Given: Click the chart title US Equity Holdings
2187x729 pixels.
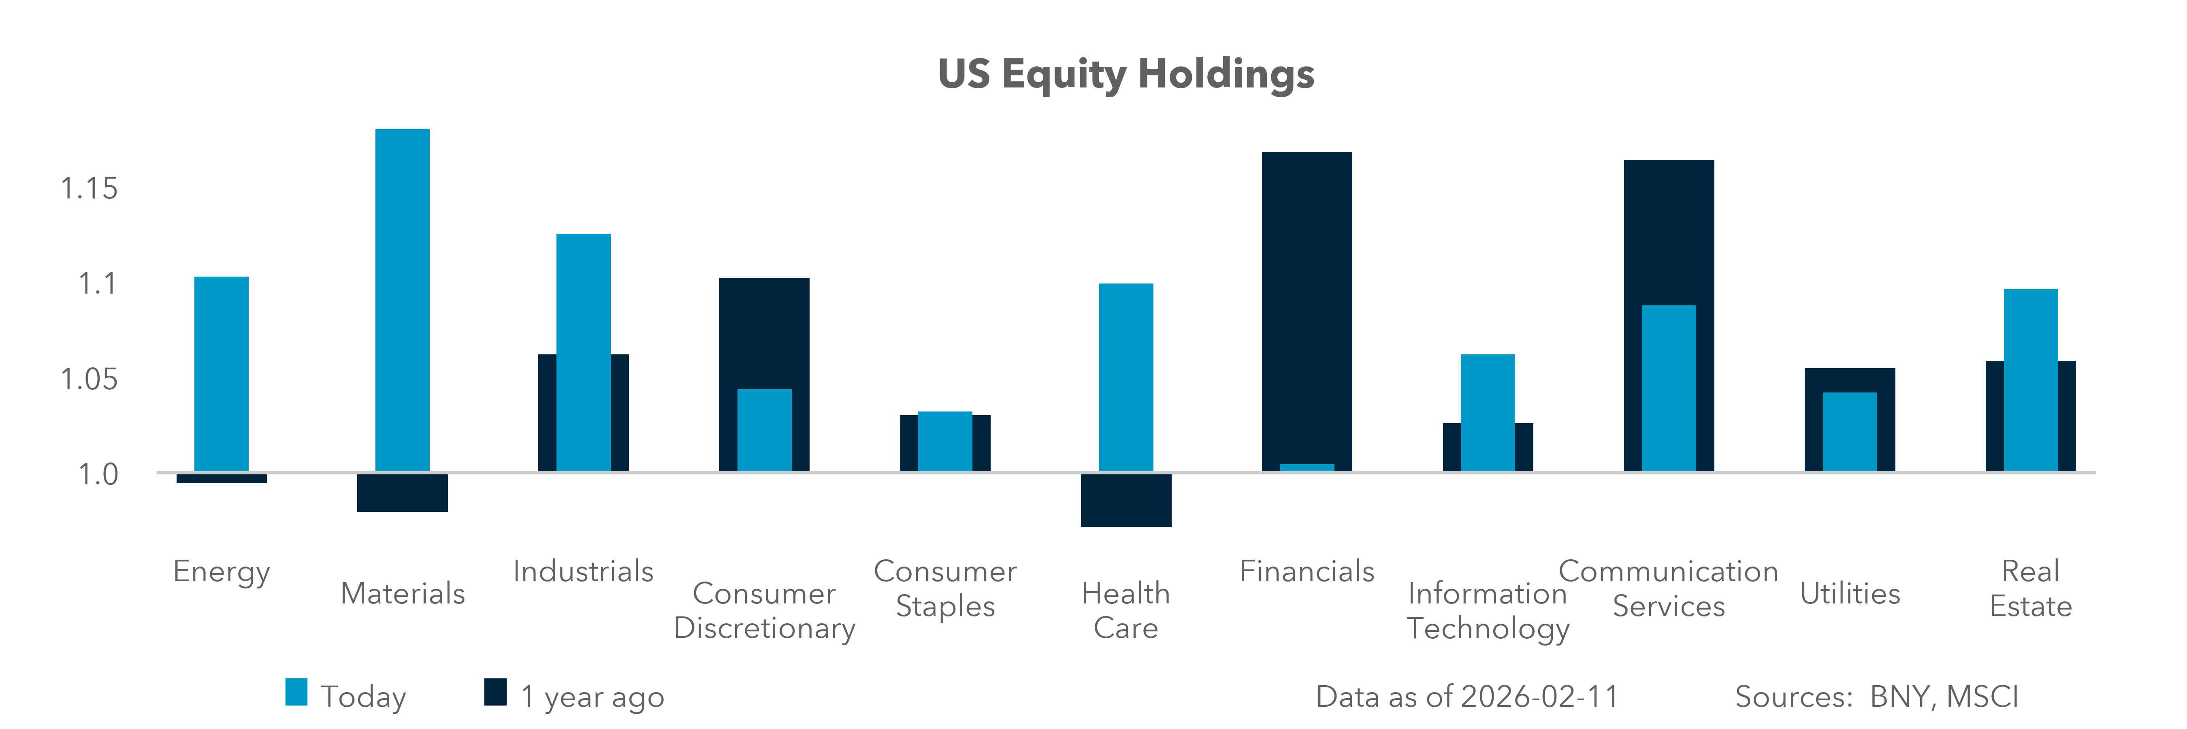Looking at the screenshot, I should [1126, 75].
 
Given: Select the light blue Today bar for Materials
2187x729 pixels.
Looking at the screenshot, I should [403, 297].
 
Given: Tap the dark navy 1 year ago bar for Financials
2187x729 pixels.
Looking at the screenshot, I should [1307, 305].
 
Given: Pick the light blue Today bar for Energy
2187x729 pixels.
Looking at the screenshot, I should [222, 373].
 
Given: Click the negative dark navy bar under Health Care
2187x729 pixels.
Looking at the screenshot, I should [1126, 501].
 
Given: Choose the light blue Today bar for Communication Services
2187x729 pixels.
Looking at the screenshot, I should [1668, 388].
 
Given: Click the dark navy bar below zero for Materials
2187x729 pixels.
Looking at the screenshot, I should [403, 493].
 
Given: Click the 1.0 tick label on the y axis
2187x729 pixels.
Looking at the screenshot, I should [98, 474].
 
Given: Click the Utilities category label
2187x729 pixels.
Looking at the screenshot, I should [1850, 593].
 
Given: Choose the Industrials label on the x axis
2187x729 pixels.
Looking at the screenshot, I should [583, 571].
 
